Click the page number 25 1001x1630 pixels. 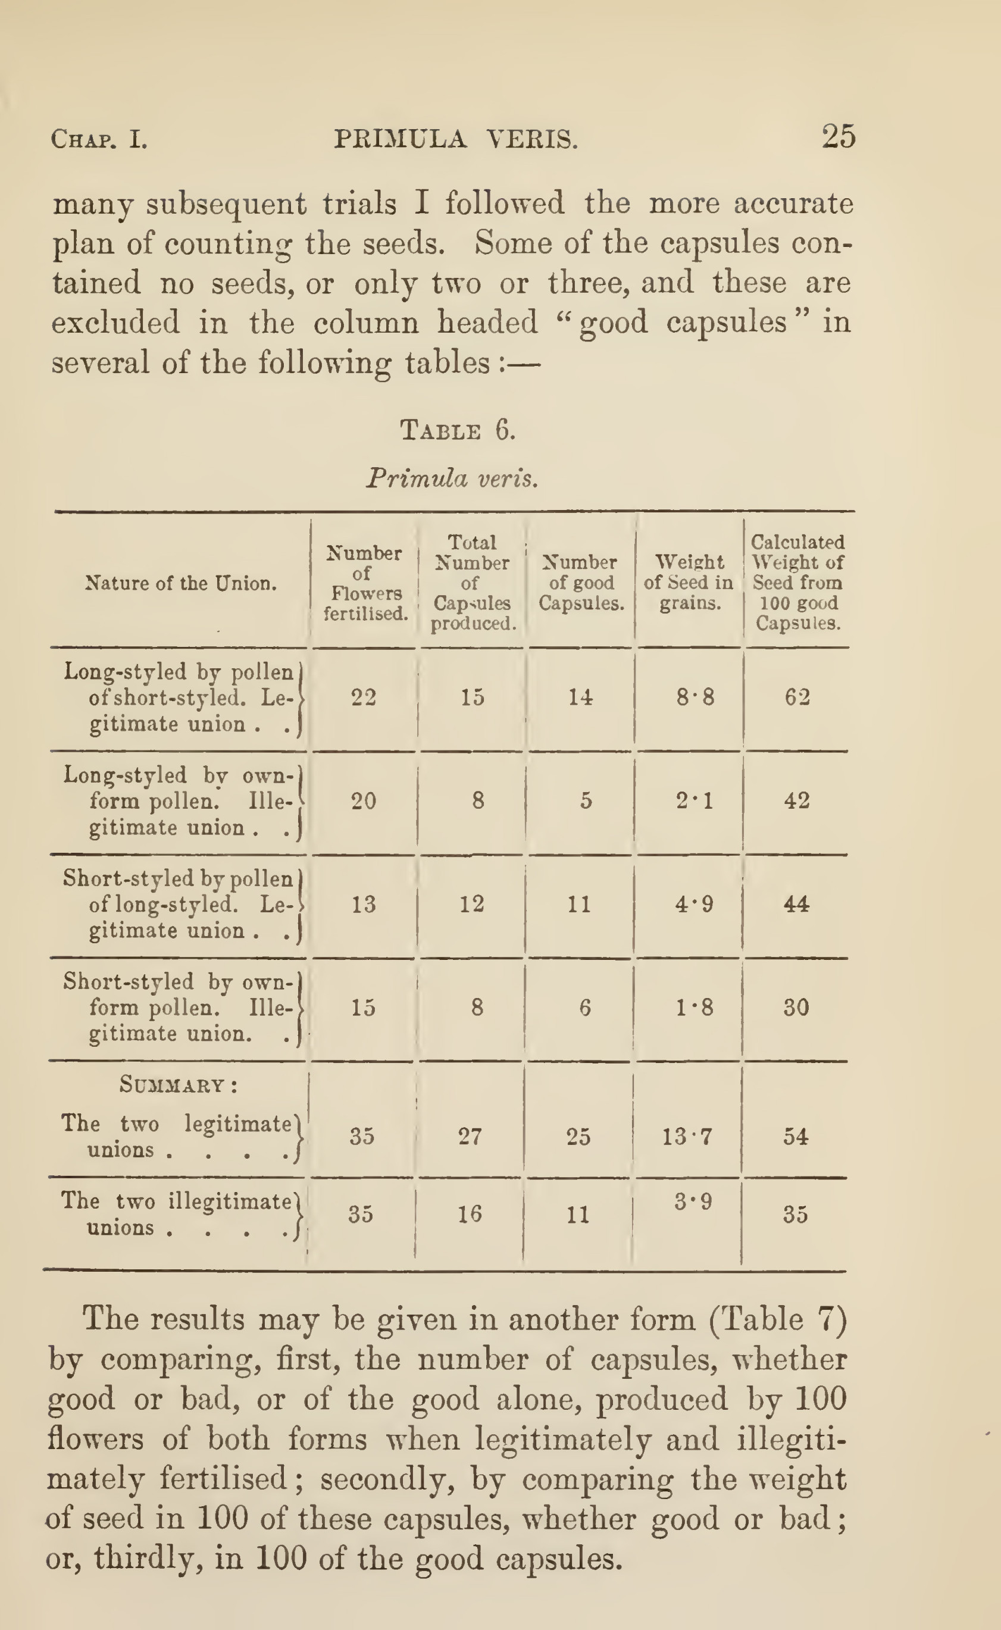click(838, 137)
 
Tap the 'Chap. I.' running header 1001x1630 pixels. click(99, 140)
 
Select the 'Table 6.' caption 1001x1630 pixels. click(458, 431)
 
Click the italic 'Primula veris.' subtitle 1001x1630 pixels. click(452, 478)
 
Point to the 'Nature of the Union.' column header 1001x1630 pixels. click(181, 583)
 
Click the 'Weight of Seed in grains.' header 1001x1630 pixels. click(689, 583)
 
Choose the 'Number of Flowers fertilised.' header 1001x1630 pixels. click(365, 583)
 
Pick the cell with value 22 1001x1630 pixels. click(364, 697)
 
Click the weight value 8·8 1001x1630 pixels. click(695, 697)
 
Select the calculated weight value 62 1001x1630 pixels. click(797, 697)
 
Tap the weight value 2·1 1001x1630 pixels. click(695, 801)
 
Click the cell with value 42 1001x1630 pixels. click(796, 801)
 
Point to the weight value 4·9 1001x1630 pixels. click(694, 905)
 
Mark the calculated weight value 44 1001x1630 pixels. click(796, 905)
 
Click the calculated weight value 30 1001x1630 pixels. click(796, 1008)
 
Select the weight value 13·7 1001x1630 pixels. click(687, 1137)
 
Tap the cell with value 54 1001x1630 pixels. click(795, 1137)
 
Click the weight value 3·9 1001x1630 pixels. click(693, 1201)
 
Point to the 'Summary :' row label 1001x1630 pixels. click(179, 1086)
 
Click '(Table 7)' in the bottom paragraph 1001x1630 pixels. click(778, 1319)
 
